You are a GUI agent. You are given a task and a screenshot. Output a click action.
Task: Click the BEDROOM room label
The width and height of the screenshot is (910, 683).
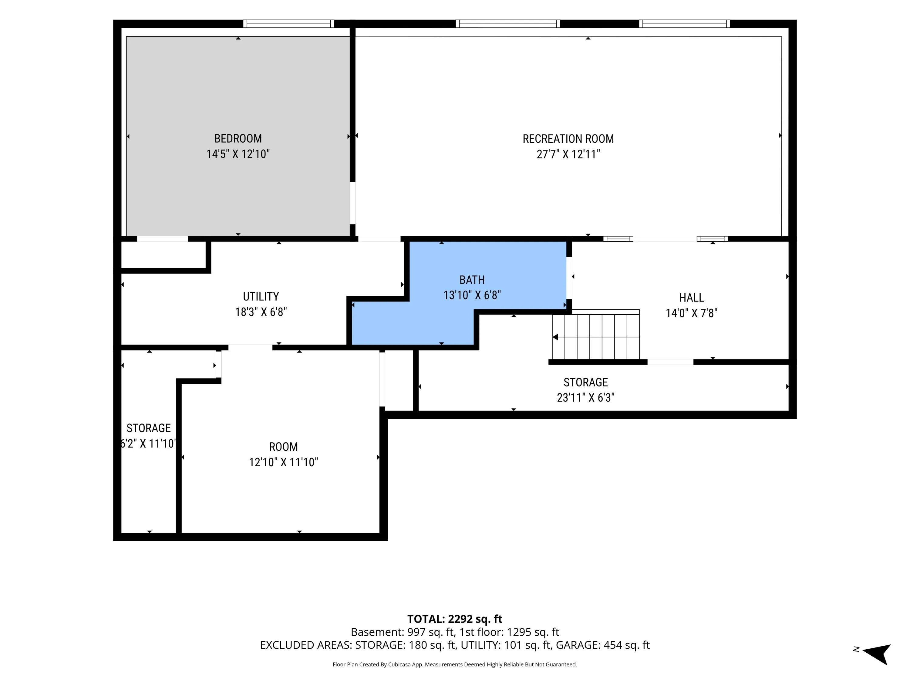click(x=238, y=138)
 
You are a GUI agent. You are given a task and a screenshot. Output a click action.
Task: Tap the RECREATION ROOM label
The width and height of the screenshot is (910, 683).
click(x=568, y=139)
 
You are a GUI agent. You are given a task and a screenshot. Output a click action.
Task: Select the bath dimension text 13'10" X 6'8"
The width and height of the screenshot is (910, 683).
click(x=472, y=295)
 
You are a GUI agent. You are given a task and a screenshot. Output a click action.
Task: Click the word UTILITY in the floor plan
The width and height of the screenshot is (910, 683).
click(x=261, y=296)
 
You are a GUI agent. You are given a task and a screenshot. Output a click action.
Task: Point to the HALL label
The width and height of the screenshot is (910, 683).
click(x=692, y=298)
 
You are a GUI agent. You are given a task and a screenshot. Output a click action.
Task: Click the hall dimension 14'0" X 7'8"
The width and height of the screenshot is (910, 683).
click(x=692, y=313)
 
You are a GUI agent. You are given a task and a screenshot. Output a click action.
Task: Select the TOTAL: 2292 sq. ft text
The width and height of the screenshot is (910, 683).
click(x=455, y=619)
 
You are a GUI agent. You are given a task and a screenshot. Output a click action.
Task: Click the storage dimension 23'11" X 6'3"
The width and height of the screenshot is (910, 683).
click(x=585, y=398)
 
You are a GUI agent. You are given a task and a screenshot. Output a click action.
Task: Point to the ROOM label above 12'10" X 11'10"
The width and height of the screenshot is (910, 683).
click(x=283, y=447)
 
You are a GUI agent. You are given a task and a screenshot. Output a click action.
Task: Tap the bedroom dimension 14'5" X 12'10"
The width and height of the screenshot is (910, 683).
click(x=238, y=154)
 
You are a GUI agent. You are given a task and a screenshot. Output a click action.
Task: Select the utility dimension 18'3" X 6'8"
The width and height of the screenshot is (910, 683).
click(x=261, y=312)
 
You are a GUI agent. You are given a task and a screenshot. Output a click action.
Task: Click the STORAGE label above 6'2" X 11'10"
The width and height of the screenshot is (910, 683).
click(x=149, y=428)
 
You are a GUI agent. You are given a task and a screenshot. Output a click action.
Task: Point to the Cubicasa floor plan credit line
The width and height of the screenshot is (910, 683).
click(x=455, y=664)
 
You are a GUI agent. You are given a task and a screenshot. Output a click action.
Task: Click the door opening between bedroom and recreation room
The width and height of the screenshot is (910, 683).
click(x=352, y=203)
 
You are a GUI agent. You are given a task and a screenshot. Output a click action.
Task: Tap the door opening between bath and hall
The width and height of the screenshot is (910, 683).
click(x=569, y=278)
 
